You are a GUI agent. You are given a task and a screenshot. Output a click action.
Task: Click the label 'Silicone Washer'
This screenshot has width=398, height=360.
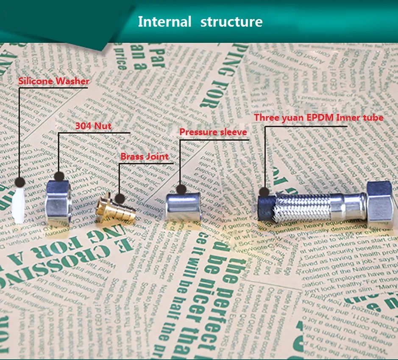click(x=54, y=81)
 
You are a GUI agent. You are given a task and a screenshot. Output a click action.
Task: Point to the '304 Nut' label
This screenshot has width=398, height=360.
click(x=93, y=126)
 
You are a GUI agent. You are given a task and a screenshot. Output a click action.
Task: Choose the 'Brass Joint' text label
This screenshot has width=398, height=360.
click(x=145, y=156)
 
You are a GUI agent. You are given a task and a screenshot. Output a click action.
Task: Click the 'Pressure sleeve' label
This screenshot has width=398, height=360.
click(x=213, y=132)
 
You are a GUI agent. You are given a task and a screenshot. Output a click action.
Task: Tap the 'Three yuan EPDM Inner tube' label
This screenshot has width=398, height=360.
click(x=319, y=118)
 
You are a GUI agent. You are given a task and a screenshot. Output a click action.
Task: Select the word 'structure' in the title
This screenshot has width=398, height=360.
click(x=231, y=22)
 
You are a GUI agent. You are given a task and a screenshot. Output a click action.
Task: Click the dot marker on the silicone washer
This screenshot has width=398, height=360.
click(x=19, y=183)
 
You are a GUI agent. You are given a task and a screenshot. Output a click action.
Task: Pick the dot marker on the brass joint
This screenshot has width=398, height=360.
click(x=120, y=198)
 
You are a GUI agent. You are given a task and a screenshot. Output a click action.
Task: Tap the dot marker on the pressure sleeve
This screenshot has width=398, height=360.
click(x=181, y=189)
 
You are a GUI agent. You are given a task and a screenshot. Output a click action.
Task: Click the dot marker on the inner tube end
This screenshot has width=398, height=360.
click(x=264, y=191)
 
